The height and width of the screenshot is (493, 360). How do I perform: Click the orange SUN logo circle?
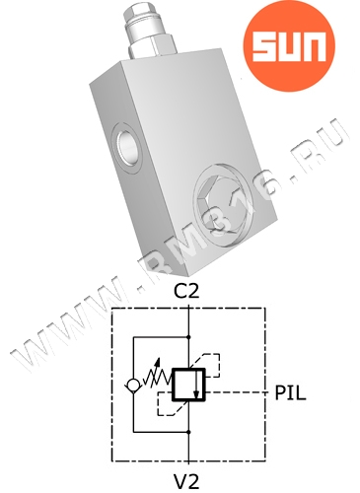[x=289, y=45]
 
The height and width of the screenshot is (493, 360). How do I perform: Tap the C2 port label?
[x=186, y=290]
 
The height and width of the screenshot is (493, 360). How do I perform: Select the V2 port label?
[x=186, y=481]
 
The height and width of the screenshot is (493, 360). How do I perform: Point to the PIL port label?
[x=290, y=392]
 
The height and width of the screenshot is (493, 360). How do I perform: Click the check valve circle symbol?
[x=133, y=385]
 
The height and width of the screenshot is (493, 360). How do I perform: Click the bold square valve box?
[x=188, y=385]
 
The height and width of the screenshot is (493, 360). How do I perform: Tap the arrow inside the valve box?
[x=196, y=384]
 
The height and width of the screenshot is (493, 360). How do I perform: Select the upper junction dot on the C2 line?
[x=188, y=337]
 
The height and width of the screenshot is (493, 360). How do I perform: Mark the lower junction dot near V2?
[x=188, y=432]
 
